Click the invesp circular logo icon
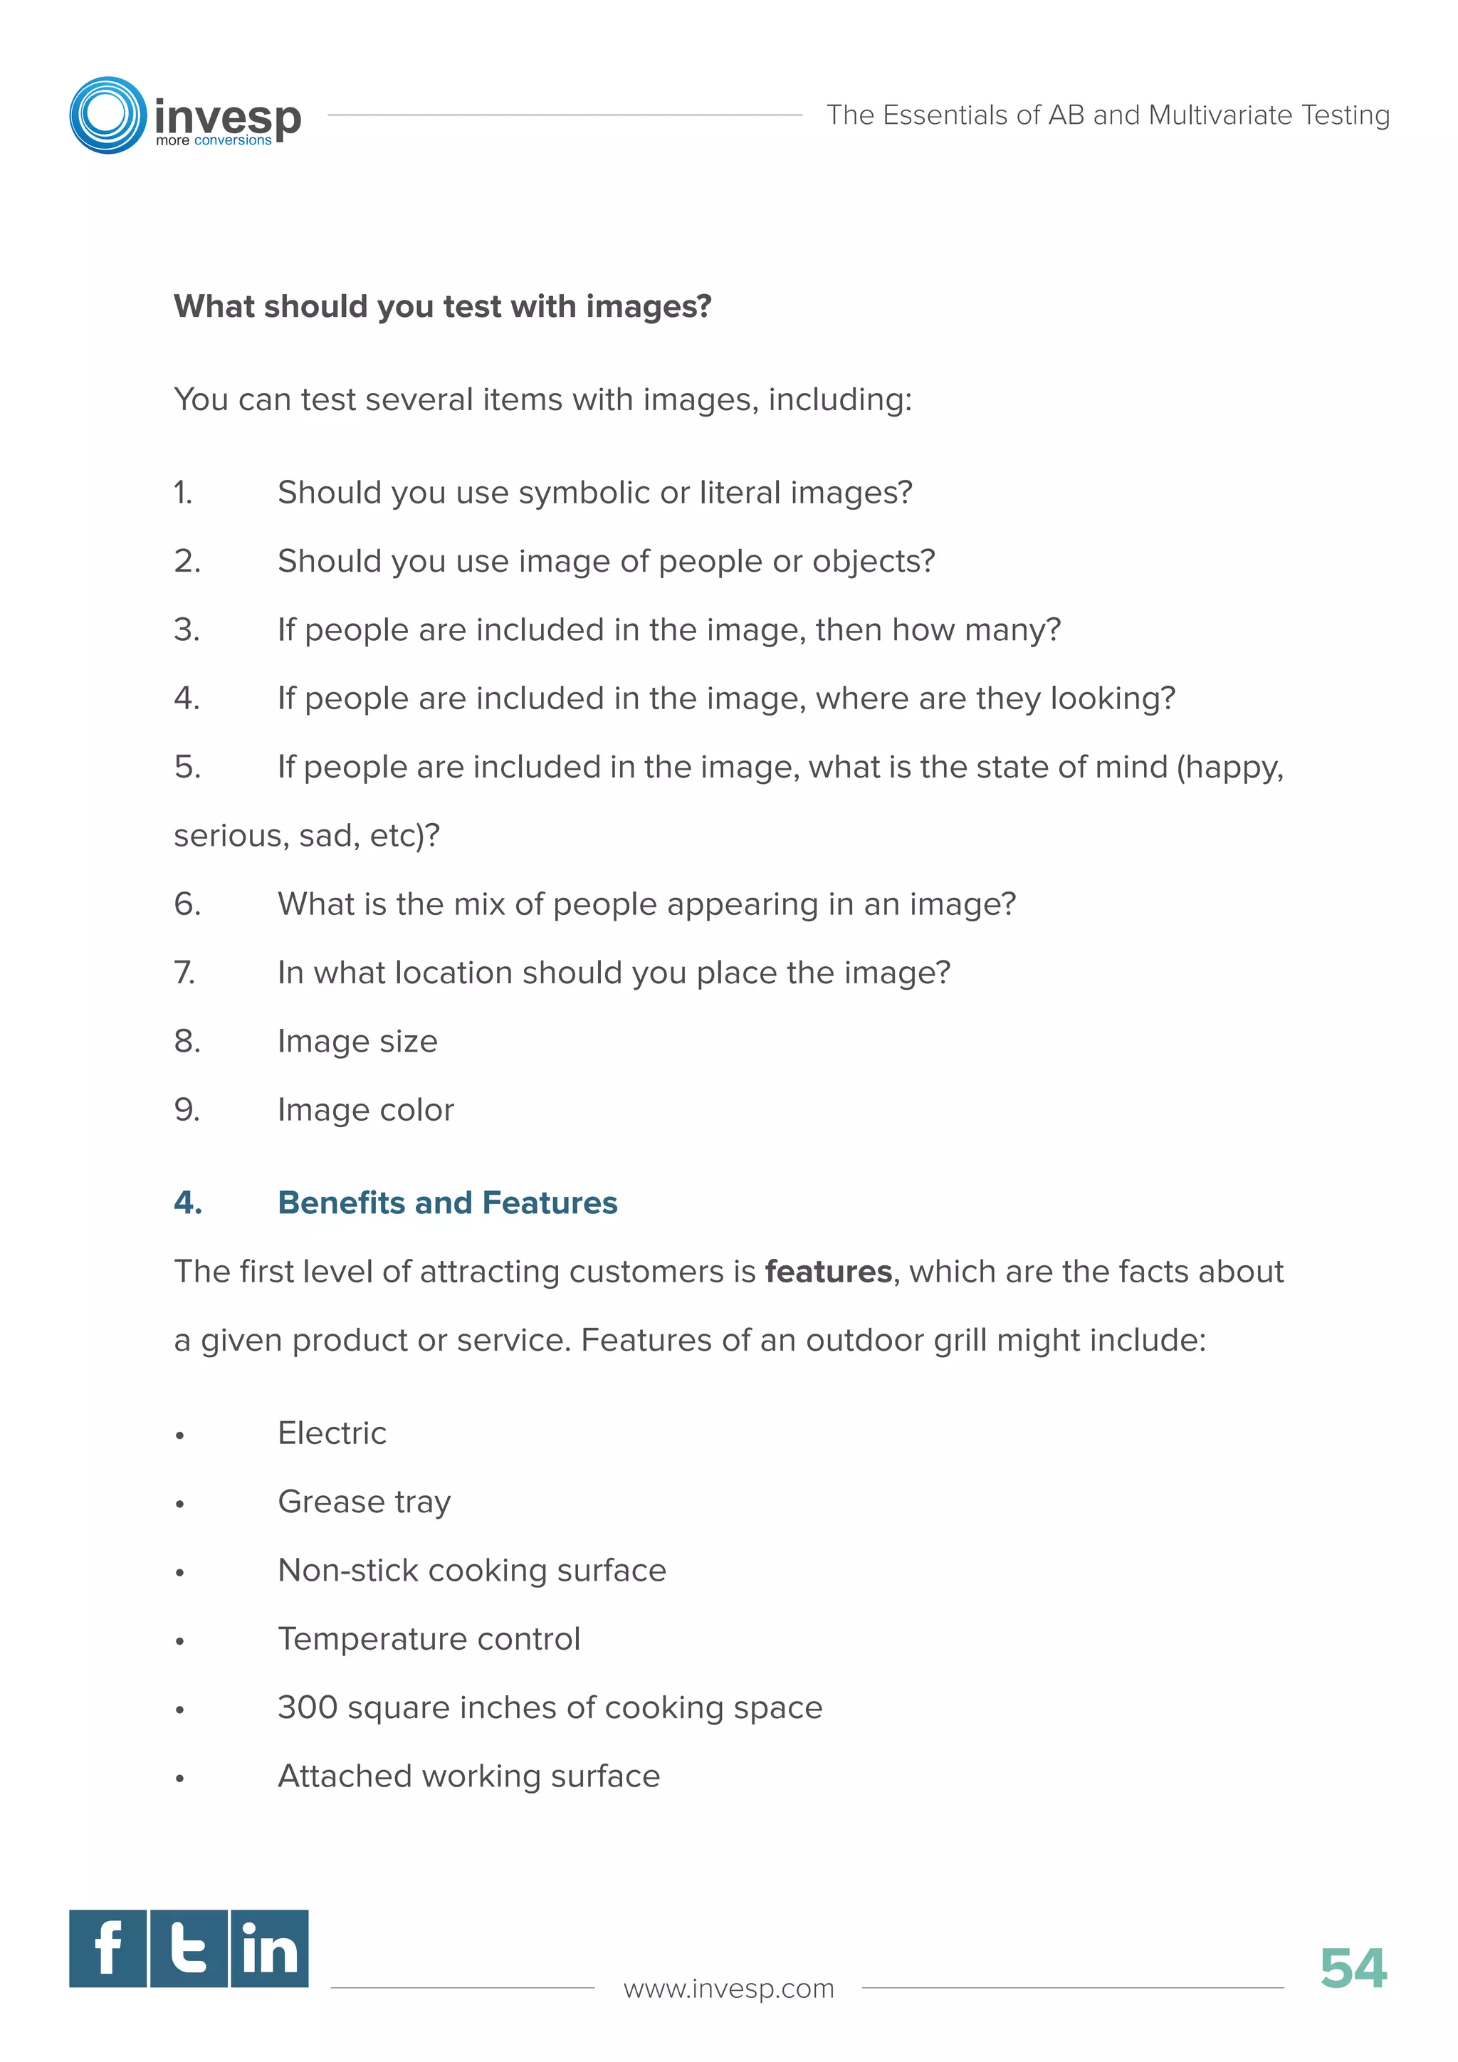pos(107,115)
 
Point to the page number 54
pos(1353,1969)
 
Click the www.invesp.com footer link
pos(728,1989)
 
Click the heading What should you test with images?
pos(443,306)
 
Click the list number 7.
pos(184,973)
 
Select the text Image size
pos(357,1042)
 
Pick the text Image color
pos(365,1110)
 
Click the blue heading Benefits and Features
pos(447,1203)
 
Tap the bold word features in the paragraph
pos(828,1272)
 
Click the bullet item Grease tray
pos(364,1502)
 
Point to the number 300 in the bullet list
pos(307,1707)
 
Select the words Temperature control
pos(429,1639)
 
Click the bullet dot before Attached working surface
pos(180,1778)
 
